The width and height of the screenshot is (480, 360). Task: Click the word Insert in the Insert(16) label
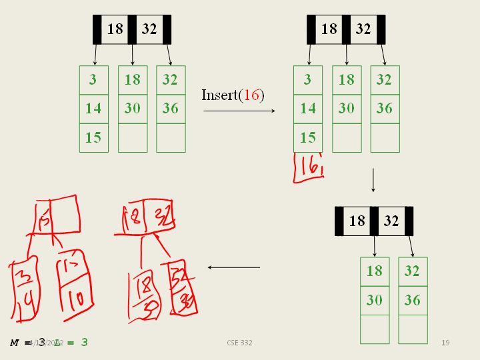click(219, 95)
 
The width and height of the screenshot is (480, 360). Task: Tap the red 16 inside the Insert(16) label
click(251, 95)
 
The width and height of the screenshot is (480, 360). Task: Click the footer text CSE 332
click(239, 343)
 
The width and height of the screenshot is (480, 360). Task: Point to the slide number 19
click(445, 343)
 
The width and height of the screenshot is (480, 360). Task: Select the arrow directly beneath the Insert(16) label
click(239, 111)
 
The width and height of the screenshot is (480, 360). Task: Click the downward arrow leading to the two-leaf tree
click(373, 180)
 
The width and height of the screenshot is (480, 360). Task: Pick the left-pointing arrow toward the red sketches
click(233, 267)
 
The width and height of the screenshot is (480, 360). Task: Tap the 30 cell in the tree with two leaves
click(375, 301)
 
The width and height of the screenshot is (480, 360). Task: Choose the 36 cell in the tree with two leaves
click(413, 301)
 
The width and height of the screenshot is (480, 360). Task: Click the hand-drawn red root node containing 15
click(55, 217)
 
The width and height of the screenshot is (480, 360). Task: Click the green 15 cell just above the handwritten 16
click(307, 138)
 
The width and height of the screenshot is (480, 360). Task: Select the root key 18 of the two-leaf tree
click(357, 221)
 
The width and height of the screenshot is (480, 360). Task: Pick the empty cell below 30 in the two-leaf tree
click(375, 329)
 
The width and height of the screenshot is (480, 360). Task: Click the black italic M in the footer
click(15, 343)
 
